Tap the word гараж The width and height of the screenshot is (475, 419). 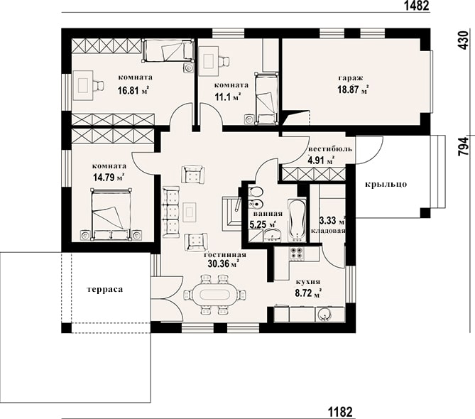[351, 78]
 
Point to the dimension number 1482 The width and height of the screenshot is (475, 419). [417, 6]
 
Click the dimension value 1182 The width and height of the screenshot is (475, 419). [341, 412]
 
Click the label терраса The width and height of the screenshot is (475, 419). [105, 289]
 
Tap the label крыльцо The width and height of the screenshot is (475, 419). [386, 185]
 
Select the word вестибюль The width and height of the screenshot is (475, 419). [330, 149]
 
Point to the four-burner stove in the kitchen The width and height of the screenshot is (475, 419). [297, 253]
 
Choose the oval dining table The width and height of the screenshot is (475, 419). [215, 295]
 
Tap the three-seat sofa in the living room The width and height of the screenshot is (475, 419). [171, 212]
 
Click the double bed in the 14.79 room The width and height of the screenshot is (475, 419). [111, 213]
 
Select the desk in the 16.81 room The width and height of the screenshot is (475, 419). [83, 85]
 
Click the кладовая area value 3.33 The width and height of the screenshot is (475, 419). [327, 221]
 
